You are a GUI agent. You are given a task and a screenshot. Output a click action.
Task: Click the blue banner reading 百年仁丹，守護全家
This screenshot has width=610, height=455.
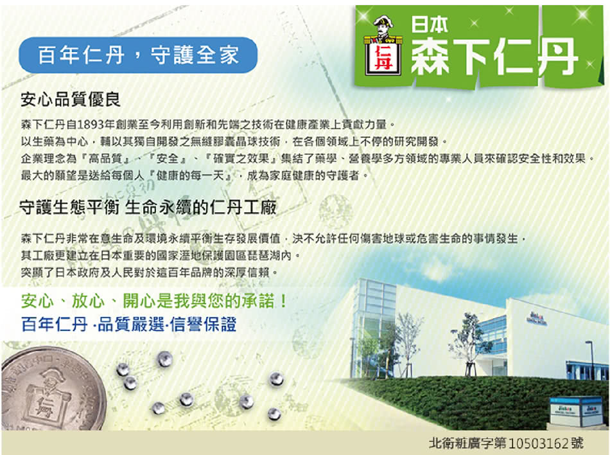tap(138, 55)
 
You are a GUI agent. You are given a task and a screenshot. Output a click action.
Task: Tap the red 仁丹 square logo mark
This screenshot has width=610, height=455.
tap(383, 58)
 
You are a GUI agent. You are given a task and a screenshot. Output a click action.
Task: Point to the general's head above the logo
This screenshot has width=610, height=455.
tap(383, 24)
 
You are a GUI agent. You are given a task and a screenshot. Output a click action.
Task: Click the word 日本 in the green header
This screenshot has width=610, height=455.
tap(430, 24)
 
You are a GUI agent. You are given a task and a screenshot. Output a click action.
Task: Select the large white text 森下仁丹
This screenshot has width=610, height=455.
tap(493, 57)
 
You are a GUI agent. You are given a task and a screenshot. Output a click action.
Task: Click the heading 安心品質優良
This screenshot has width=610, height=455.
tap(71, 100)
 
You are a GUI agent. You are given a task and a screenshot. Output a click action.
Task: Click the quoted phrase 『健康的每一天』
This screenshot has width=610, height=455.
tap(190, 175)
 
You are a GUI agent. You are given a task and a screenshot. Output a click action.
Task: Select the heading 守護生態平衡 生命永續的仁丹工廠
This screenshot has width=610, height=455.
tap(148, 208)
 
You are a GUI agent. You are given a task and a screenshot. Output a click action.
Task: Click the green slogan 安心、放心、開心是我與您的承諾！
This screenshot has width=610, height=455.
tap(155, 301)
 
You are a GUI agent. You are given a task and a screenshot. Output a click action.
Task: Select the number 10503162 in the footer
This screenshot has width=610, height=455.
tap(539, 443)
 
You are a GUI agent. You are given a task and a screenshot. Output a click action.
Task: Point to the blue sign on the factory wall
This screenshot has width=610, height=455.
tap(537, 318)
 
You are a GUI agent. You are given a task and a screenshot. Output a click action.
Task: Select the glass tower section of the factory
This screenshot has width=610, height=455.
tap(374, 327)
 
